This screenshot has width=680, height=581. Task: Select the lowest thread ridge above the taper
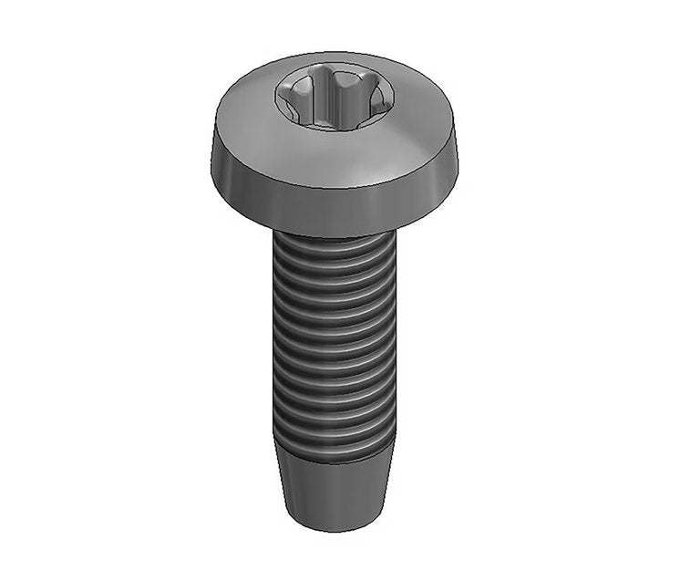tap(333, 441)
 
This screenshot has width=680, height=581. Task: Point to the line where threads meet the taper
tap(333, 456)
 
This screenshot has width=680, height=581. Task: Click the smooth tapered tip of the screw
tap(333, 488)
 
